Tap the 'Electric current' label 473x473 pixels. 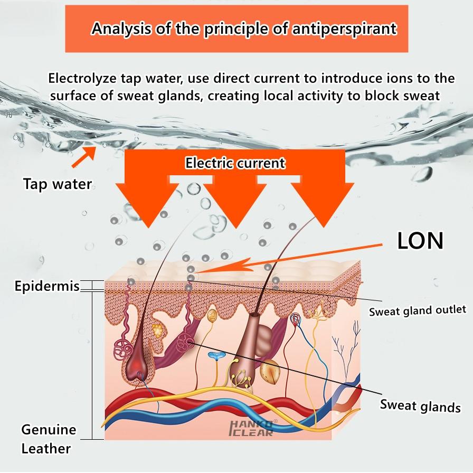coord(235,163)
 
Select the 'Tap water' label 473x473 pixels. coord(58,184)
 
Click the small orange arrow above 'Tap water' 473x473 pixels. coord(84,157)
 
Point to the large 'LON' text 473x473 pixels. coord(420,241)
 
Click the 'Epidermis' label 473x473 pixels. coord(47,286)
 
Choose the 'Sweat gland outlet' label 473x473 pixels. coord(418,311)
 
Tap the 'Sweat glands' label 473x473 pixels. coord(420,406)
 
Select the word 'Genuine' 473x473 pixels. coord(49,430)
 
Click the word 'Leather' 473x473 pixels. coord(46,449)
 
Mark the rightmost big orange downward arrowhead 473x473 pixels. coord(323,205)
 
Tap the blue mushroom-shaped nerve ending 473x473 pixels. coord(216,356)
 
